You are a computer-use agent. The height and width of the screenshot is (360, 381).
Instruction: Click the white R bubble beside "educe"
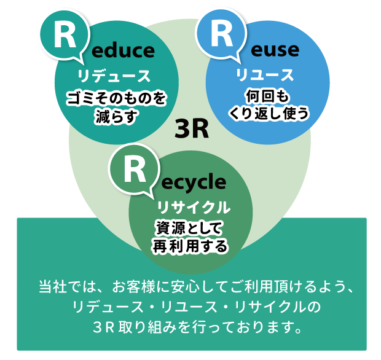[64, 36]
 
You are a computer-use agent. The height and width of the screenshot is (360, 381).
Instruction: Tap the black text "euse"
[275, 50]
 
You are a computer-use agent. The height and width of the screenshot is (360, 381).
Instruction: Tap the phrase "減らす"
[114, 115]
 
